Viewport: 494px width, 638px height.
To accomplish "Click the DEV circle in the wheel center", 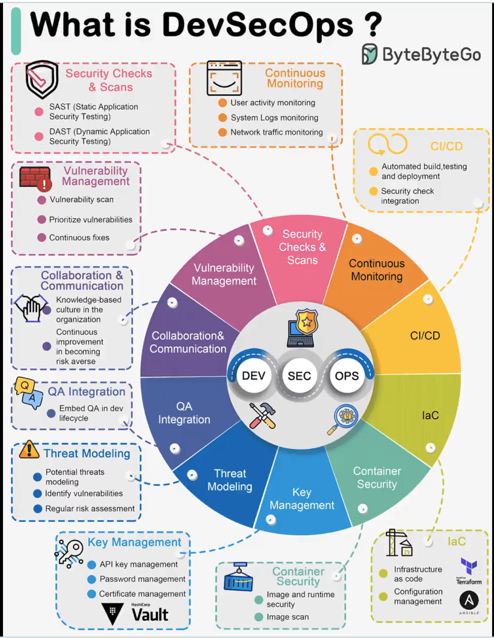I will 254,376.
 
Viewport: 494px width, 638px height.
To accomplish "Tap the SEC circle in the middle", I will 299,376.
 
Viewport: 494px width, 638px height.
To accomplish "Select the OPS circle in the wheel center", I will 347,376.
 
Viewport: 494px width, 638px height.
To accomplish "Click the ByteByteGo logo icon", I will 369,54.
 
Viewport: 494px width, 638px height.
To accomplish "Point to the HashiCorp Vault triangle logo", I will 112,613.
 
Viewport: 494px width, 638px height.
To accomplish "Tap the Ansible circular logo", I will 469,600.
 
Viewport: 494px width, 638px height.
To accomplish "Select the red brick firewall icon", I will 35,177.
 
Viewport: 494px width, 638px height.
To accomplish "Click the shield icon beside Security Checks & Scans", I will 42,79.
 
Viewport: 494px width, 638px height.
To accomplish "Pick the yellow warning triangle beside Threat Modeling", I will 29,450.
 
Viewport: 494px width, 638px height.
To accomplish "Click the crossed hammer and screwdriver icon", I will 262,416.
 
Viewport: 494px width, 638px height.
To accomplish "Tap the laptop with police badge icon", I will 303,328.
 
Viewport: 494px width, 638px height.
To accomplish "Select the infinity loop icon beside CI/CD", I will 387,145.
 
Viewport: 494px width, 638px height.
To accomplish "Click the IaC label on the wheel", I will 430,415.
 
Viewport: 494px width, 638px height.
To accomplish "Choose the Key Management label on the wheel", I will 302,499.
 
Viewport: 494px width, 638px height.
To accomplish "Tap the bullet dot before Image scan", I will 259,617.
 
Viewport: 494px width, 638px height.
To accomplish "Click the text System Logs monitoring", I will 274,118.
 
